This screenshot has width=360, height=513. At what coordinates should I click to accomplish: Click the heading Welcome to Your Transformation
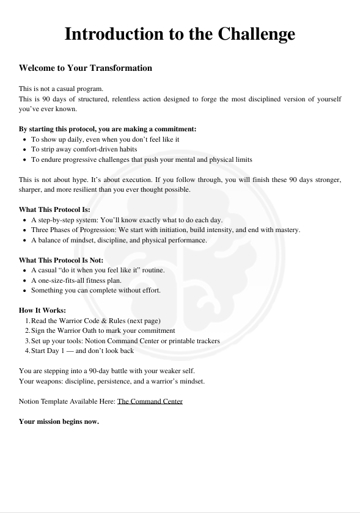(85, 68)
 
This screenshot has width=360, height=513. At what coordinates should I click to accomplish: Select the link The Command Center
(150, 401)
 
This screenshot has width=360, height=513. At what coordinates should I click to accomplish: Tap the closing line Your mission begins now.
(59, 421)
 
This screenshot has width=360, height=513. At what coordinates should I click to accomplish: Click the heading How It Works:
(42, 310)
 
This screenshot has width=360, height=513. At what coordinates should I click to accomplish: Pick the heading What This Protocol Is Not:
(61, 260)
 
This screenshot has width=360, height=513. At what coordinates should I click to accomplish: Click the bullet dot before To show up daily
(23, 139)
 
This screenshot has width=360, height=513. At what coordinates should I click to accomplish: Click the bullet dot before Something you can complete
(23, 290)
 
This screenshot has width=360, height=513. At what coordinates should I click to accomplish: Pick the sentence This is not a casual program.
(61, 89)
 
